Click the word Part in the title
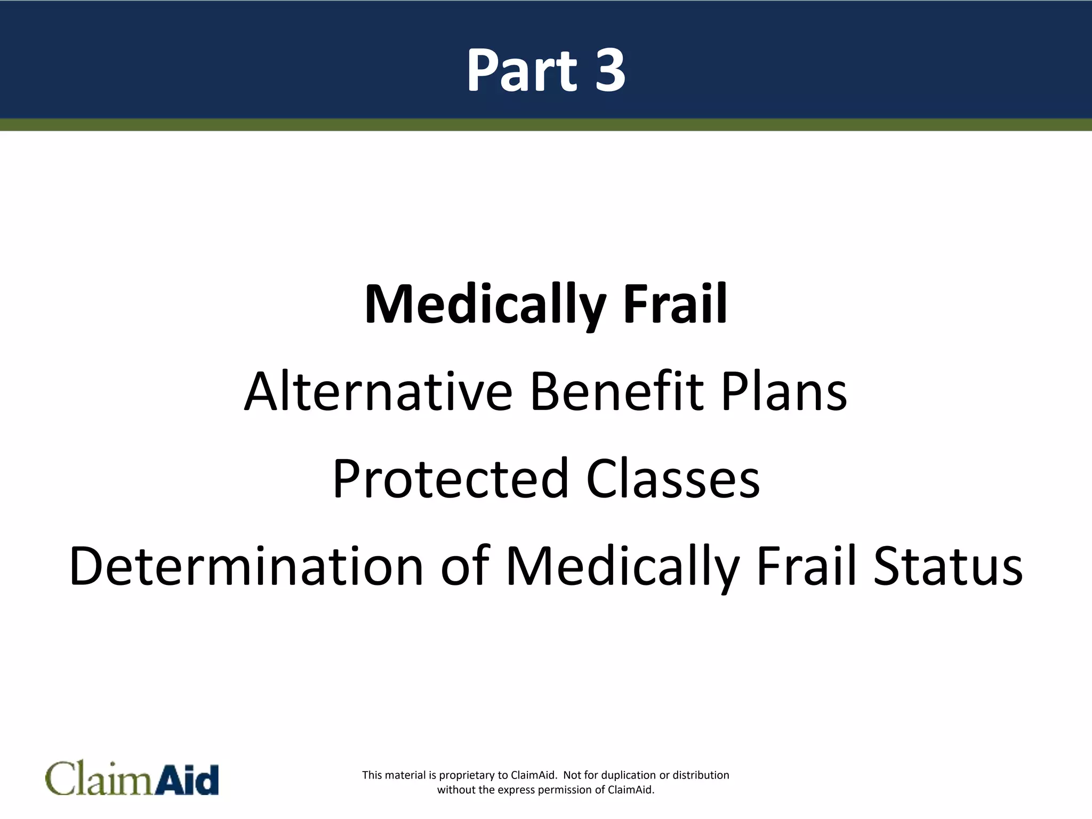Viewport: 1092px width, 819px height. tap(521, 70)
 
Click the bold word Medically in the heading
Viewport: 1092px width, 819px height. tap(485, 305)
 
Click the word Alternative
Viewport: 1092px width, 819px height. tap(378, 392)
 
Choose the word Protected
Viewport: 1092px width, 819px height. tap(451, 479)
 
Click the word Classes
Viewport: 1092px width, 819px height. tap(673, 479)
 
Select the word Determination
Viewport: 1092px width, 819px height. tap(246, 566)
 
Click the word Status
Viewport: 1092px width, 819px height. tap(948, 566)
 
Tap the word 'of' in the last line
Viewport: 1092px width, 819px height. tap(465, 566)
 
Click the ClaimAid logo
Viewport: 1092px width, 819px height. tap(132, 779)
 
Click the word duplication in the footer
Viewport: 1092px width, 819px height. tap(628, 775)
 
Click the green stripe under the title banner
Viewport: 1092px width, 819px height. tap(546, 125)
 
